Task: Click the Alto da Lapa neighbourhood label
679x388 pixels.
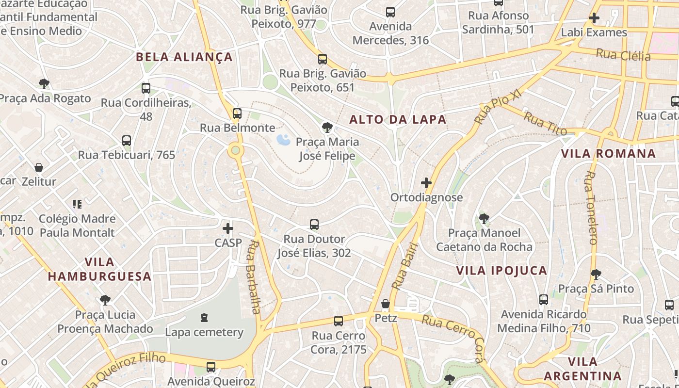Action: click(x=398, y=119)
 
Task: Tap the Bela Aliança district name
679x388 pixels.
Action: click(x=184, y=57)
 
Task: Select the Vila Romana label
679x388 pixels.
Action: click(x=608, y=154)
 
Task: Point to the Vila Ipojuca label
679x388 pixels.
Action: click(x=502, y=270)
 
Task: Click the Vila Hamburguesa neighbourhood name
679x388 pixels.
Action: click(x=99, y=269)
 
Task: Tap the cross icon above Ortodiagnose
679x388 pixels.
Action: click(x=426, y=183)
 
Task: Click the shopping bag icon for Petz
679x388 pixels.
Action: click(x=386, y=304)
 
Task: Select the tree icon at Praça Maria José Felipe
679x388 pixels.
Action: click(x=327, y=128)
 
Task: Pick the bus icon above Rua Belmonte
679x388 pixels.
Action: click(x=237, y=113)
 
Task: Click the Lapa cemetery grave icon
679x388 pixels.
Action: click(x=204, y=318)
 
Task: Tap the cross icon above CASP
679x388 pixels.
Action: click(x=228, y=228)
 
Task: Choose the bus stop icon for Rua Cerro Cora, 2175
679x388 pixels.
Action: click(x=339, y=321)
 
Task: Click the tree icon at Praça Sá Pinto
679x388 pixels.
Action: click(x=596, y=275)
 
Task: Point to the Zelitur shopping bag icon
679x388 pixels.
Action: click(x=39, y=168)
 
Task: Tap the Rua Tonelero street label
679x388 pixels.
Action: click(x=591, y=208)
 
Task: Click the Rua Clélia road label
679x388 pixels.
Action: click(x=623, y=55)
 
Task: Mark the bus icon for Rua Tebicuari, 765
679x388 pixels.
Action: click(x=127, y=141)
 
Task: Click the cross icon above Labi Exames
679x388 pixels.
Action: click(x=594, y=18)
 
